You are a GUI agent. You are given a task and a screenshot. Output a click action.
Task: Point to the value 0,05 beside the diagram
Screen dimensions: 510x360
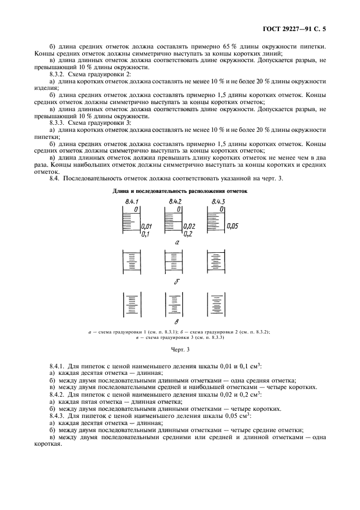tap(232, 226)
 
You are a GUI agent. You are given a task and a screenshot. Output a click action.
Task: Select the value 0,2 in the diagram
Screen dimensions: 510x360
tap(188, 234)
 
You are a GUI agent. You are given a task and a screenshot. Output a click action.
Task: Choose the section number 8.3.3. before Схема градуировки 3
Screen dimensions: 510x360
tap(60, 123)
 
